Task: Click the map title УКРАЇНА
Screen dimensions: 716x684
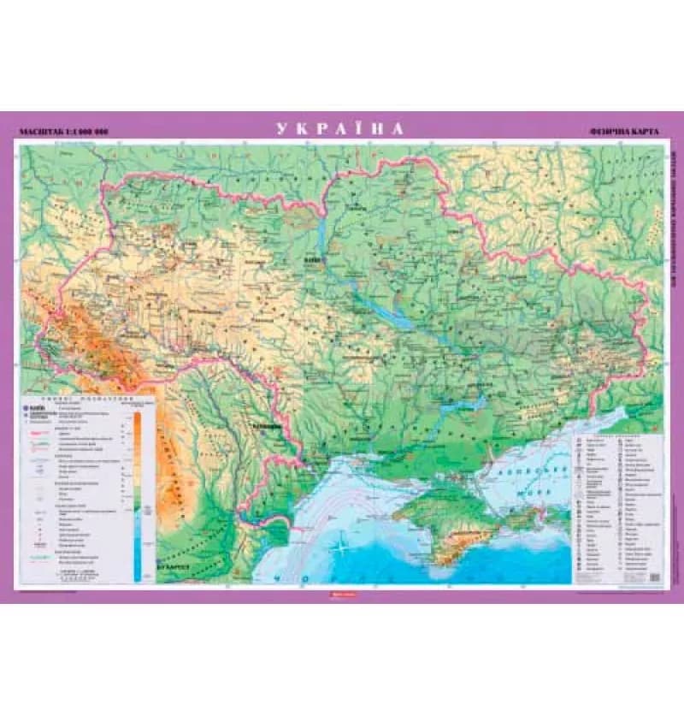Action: (339, 130)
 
